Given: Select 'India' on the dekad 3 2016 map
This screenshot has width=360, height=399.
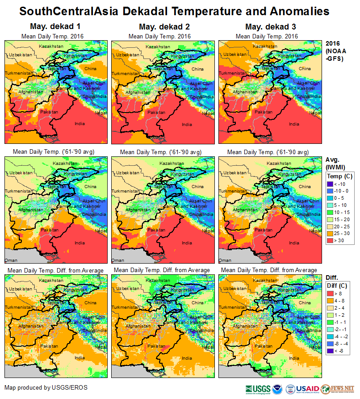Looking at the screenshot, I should click(x=294, y=124).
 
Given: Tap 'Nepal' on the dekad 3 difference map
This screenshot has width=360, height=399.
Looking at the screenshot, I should click(x=315, y=346).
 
